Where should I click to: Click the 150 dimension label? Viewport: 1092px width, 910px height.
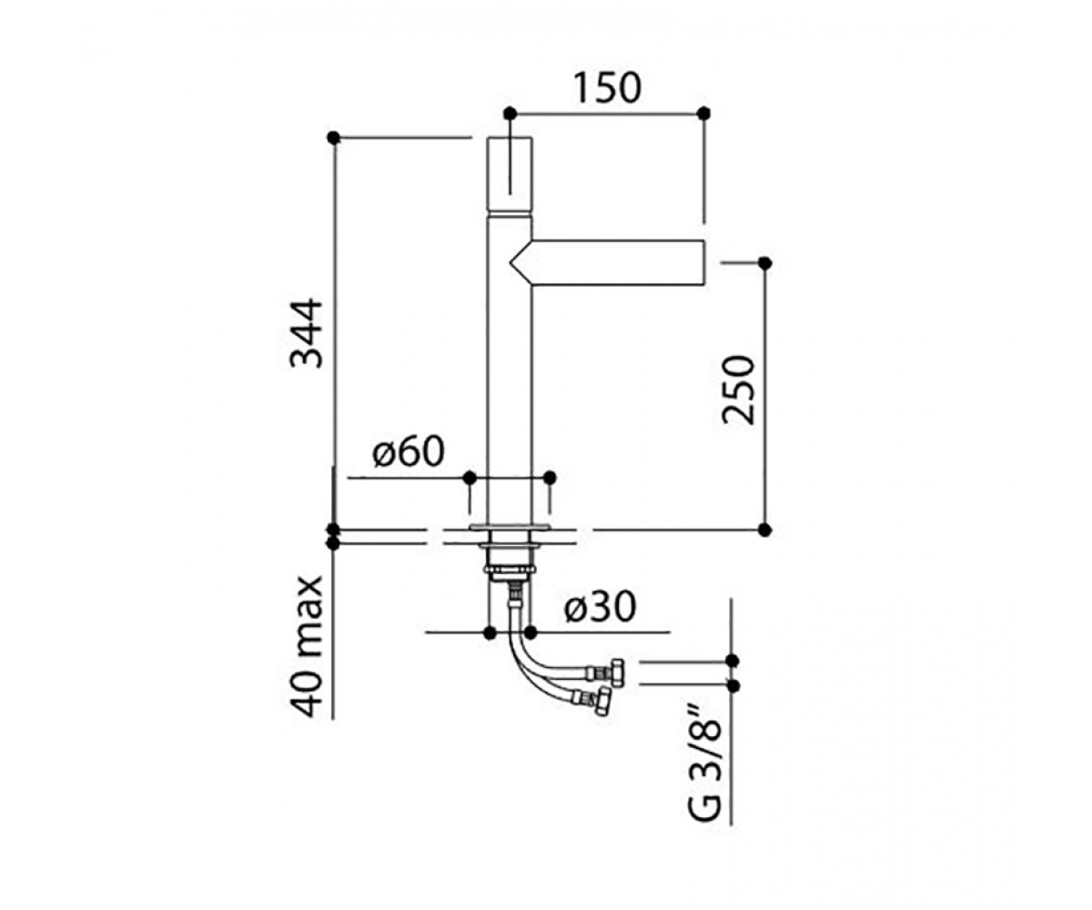click(607, 88)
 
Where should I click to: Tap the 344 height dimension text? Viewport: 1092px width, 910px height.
click(307, 334)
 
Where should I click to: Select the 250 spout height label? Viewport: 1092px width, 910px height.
click(738, 389)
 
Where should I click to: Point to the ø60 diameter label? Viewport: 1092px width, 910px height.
click(409, 451)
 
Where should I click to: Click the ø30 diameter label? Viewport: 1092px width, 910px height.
click(601, 607)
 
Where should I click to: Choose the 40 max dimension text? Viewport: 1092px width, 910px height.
click(307, 647)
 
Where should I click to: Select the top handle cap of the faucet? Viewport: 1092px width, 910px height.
click(510, 176)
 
